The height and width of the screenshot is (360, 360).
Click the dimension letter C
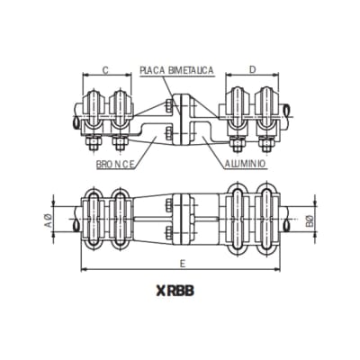(x=105, y=69)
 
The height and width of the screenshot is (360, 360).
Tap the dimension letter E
(x=183, y=263)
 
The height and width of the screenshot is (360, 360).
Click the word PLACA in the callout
(x=155, y=69)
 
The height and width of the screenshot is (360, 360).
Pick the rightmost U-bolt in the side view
(x=266, y=106)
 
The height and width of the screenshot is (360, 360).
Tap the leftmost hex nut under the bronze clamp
(x=92, y=144)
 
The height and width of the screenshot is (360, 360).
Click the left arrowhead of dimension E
(x=82, y=269)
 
